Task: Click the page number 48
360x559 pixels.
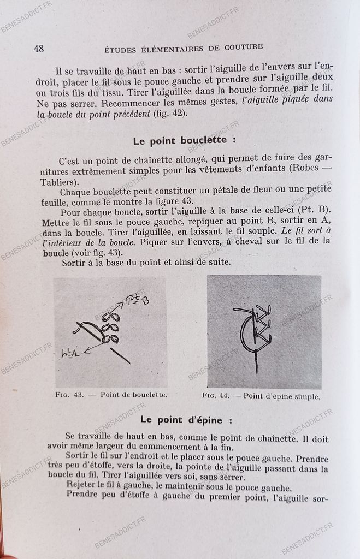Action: coord(39,48)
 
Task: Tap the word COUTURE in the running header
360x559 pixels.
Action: coord(244,47)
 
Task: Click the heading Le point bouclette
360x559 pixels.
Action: coord(185,140)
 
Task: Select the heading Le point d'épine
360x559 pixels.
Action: coord(186,420)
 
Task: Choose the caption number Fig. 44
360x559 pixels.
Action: coord(219,396)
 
